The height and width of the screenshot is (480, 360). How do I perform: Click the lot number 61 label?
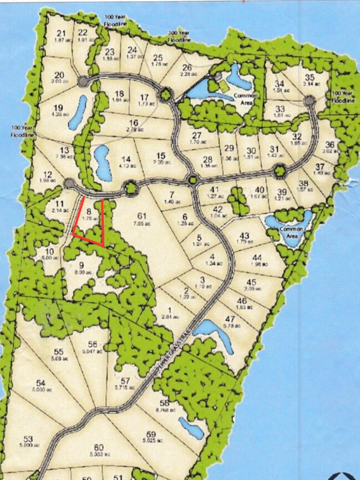[141, 215]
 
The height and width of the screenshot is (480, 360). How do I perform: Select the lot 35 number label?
[310, 77]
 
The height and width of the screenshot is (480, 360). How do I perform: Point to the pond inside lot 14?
[102, 162]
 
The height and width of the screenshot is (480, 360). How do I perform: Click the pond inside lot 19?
[77, 112]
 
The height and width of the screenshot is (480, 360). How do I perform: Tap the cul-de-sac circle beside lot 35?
[309, 100]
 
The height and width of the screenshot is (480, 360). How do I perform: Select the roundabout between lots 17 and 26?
[165, 95]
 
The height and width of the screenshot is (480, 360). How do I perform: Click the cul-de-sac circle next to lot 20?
[83, 82]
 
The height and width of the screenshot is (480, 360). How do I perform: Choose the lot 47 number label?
[229, 319]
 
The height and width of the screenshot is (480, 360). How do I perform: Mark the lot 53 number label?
[29, 438]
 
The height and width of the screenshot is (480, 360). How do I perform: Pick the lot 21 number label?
[61, 33]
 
